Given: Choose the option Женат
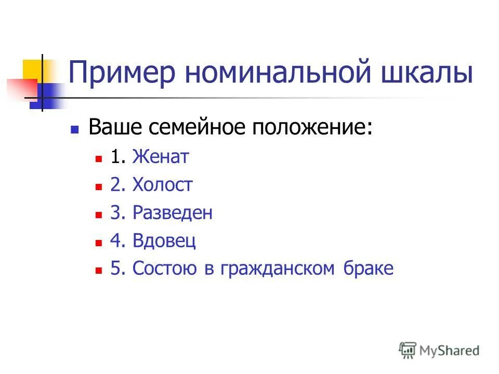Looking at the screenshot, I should (160, 157).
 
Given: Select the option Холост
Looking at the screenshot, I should (162, 185).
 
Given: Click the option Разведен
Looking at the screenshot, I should (173, 213).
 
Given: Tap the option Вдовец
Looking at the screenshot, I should (164, 241).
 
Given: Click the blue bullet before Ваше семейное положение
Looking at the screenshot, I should (75, 129).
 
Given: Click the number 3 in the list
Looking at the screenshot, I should (114, 213).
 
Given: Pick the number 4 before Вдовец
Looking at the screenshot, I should (114, 241).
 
